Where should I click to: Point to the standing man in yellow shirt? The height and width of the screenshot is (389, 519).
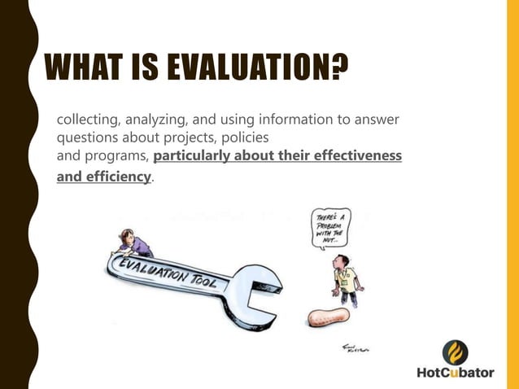click(x=346, y=277)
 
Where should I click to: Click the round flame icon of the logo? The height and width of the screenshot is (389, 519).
click(x=455, y=352)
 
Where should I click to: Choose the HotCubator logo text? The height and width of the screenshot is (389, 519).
click(x=455, y=373)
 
